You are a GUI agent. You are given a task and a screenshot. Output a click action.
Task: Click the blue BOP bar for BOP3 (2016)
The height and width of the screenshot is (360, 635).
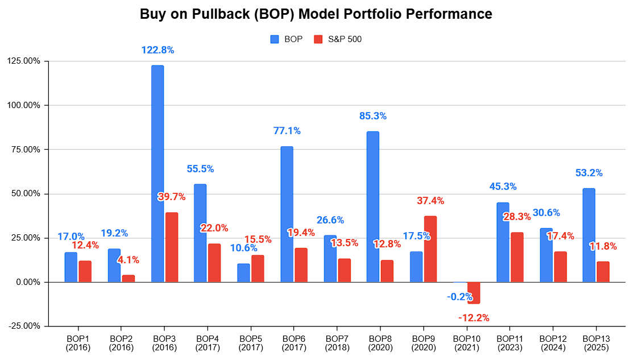coord(157,173)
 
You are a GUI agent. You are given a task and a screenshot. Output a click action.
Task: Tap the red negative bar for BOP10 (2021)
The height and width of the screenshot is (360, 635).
coord(474,293)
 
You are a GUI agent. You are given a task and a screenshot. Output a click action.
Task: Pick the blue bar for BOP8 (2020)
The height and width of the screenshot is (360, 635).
coord(373,206)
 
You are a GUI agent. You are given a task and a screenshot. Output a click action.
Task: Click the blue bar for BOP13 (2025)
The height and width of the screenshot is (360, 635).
coord(589,235)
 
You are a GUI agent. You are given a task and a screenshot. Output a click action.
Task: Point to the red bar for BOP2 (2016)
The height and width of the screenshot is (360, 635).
coord(128,278)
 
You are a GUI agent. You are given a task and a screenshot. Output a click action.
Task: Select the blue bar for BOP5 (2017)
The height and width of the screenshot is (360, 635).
coord(244,272)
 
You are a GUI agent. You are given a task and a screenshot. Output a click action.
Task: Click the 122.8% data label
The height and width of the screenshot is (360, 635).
coord(157,50)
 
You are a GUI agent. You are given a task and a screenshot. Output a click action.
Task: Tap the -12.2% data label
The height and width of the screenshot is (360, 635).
coord(473,317)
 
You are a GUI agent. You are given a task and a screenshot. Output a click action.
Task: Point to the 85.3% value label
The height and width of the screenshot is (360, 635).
coord(373,116)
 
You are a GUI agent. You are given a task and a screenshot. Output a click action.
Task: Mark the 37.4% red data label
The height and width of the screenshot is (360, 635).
coord(430,201)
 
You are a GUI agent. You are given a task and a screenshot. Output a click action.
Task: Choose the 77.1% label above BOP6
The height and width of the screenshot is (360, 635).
coord(287,131)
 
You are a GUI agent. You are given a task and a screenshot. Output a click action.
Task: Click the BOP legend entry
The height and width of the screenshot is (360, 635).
coord(287,39)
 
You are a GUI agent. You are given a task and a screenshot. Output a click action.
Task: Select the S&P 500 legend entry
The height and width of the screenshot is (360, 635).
coord(338,39)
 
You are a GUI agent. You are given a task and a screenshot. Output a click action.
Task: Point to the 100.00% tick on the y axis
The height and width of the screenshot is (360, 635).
coord(24,105)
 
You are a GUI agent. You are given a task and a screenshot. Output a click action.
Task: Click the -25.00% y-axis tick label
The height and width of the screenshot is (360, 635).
coord(24,326)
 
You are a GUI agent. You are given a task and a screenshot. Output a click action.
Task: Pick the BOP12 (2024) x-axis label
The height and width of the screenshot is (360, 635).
coord(553,343)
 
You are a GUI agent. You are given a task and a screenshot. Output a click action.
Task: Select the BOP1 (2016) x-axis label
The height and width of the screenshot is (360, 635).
coord(78,343)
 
